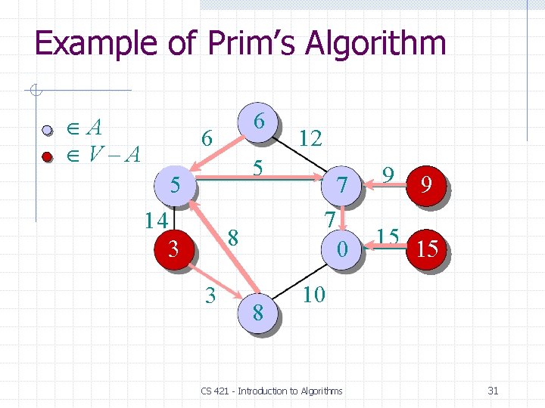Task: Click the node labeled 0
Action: tap(343, 247)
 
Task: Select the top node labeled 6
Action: tap(259, 121)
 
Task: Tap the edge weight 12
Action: tap(310, 138)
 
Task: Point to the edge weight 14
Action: tap(156, 220)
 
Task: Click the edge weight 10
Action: tap(313, 294)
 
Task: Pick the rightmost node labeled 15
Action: tap(427, 248)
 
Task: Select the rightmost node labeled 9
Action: tap(427, 185)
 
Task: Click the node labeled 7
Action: tap(343, 185)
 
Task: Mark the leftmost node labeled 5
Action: tap(173, 185)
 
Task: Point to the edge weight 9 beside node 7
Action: tap(388, 175)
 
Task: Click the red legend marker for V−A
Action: tap(47, 156)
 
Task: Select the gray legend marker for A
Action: tap(47, 129)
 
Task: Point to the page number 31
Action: tap(493, 391)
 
